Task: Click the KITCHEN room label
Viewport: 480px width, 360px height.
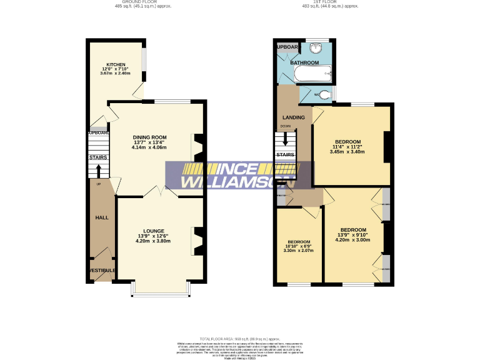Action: [116, 64]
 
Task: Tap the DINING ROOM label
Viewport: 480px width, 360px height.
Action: [150, 137]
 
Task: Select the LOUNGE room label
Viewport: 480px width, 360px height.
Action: [153, 231]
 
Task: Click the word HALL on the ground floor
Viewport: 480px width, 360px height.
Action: [101, 217]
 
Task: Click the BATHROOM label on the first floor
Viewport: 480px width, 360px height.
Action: [304, 63]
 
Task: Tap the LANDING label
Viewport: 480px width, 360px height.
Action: [293, 117]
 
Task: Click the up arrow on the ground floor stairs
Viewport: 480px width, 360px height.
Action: [98, 171]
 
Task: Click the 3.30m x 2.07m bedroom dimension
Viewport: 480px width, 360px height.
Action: [299, 251]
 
